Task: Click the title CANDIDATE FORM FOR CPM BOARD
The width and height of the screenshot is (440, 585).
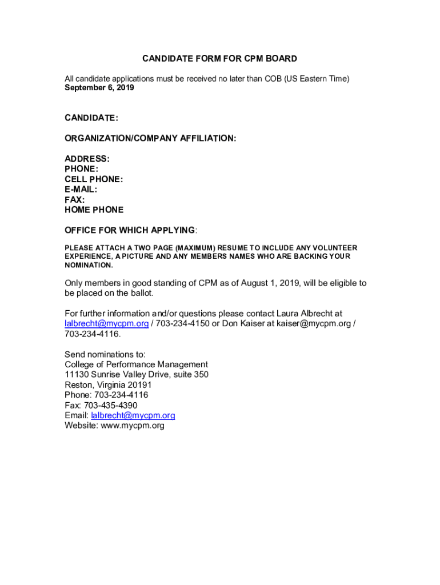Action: pyautogui.click(x=219, y=59)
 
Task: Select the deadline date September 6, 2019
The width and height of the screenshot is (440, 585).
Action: pyautogui.click(x=99, y=88)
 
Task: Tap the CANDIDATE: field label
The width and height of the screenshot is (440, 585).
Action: pyautogui.click(x=91, y=118)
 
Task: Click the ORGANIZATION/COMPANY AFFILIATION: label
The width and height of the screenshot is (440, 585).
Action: pyautogui.click(x=150, y=138)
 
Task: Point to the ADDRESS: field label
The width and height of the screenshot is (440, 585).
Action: pyautogui.click(x=87, y=158)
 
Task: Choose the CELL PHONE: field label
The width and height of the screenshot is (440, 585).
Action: pyautogui.click(x=94, y=179)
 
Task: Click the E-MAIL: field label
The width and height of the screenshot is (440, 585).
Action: pyautogui.click(x=81, y=189)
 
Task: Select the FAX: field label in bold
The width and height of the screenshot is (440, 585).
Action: pyautogui.click(x=75, y=199)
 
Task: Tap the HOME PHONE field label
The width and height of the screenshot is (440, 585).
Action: pyautogui.click(x=94, y=210)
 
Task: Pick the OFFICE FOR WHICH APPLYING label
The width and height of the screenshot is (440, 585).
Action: pyautogui.click(x=130, y=230)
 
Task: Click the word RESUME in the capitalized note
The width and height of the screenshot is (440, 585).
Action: pyautogui.click(x=234, y=248)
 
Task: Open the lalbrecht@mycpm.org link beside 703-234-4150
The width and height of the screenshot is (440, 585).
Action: pyautogui.click(x=107, y=323)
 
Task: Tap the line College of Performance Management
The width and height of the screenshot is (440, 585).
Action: pyautogui.click(x=136, y=364)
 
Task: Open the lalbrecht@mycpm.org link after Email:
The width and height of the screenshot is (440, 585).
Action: pyautogui.click(x=133, y=415)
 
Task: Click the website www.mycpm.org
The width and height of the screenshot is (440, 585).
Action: pyautogui.click(x=133, y=426)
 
